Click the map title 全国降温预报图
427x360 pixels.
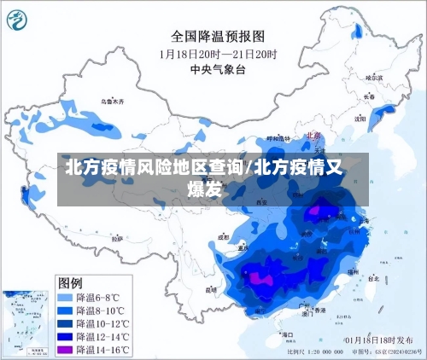click(x=218, y=36)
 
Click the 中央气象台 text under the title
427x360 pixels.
click(x=219, y=69)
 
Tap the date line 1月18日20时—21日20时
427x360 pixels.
click(x=219, y=54)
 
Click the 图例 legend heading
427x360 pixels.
click(x=70, y=282)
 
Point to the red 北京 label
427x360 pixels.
click(x=313, y=135)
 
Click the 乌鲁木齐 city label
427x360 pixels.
click(x=112, y=102)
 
